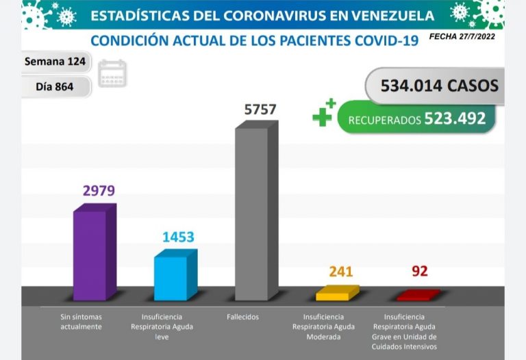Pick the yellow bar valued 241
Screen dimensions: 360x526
click(x=336, y=294)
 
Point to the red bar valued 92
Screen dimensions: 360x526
click(x=417, y=296)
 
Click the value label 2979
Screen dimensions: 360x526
click(x=99, y=191)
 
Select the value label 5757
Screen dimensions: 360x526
click(x=260, y=110)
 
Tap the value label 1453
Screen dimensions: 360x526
click(x=178, y=237)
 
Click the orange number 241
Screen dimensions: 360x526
click(x=340, y=272)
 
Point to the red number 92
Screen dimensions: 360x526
click(x=419, y=272)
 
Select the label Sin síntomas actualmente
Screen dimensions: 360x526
click(x=81, y=322)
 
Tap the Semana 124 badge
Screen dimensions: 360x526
click(x=55, y=62)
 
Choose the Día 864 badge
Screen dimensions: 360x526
click(x=54, y=87)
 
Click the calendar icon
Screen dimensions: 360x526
click(x=112, y=73)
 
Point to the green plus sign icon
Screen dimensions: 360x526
click(x=323, y=113)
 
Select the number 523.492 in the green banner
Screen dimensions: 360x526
click(x=455, y=118)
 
